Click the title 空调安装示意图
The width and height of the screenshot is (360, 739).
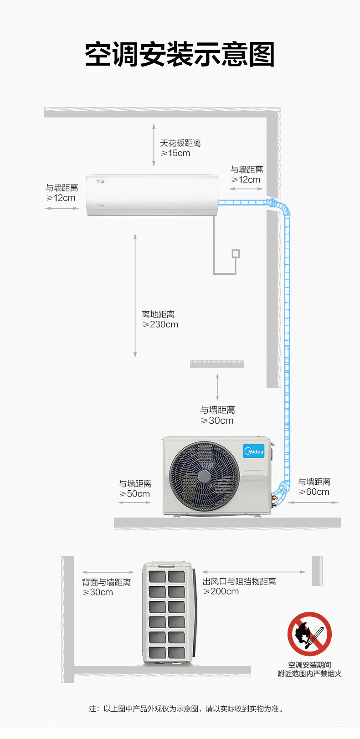coord(180,55)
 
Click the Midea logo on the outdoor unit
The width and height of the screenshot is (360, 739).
coord(253,451)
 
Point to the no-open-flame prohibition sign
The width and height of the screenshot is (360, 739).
coord(309,634)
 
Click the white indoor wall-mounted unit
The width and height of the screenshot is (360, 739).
coord(152,195)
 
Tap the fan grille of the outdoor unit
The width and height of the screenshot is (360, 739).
coord(204,476)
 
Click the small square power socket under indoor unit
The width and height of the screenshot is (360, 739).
coord(236,253)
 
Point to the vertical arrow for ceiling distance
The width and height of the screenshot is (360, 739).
coord(154,144)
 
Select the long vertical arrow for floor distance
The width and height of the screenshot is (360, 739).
coord(135,296)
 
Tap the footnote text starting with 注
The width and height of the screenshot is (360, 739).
coord(186,708)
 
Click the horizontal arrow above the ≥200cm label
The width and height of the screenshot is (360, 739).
coord(254,572)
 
